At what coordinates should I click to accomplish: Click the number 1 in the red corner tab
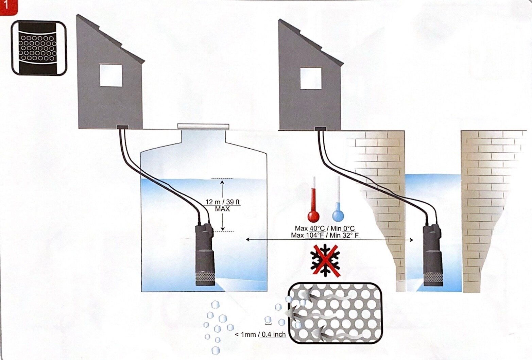click(6, 6)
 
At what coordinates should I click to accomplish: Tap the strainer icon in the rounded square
click(39, 48)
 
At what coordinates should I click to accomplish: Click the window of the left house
click(110, 75)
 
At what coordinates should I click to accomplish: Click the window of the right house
click(311, 78)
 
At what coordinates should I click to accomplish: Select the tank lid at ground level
click(203, 127)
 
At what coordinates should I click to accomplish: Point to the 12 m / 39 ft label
click(222, 202)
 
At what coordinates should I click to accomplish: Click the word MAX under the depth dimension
click(222, 209)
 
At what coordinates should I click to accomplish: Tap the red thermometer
click(313, 201)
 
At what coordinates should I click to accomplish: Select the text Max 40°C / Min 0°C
click(325, 228)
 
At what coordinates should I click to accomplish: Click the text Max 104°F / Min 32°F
click(325, 235)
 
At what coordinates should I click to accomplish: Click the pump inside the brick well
click(432, 253)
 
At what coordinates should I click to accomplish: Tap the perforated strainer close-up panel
click(334, 313)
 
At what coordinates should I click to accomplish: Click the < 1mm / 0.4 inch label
click(260, 335)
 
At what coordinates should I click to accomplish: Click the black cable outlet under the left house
click(122, 127)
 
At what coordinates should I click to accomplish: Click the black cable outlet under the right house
click(320, 129)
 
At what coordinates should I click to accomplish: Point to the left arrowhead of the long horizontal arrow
click(247, 240)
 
